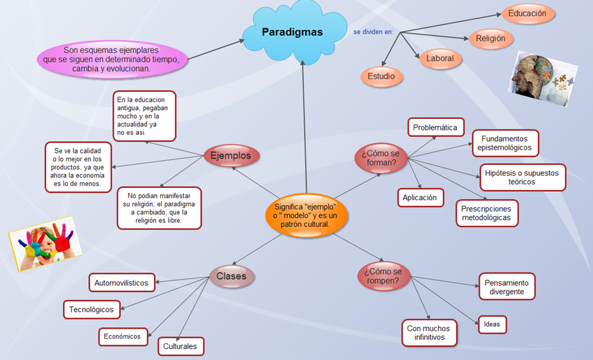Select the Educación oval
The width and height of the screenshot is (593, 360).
click(527, 13)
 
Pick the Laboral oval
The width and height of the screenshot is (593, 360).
click(440, 59)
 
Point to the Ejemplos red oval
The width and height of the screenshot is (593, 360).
click(231, 156)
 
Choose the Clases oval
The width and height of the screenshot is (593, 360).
click(232, 277)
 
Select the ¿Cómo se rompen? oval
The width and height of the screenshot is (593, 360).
click(383, 276)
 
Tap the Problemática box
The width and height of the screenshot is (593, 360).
click(436, 127)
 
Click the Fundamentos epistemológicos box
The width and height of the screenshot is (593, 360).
click(505, 143)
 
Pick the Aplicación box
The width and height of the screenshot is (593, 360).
click(420, 198)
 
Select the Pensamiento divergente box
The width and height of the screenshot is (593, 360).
click(507, 287)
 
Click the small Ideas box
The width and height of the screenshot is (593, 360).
click(492, 324)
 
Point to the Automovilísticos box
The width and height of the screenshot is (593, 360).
click(122, 283)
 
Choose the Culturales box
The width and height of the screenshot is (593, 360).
click(181, 347)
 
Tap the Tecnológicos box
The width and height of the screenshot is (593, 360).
click(92, 309)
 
